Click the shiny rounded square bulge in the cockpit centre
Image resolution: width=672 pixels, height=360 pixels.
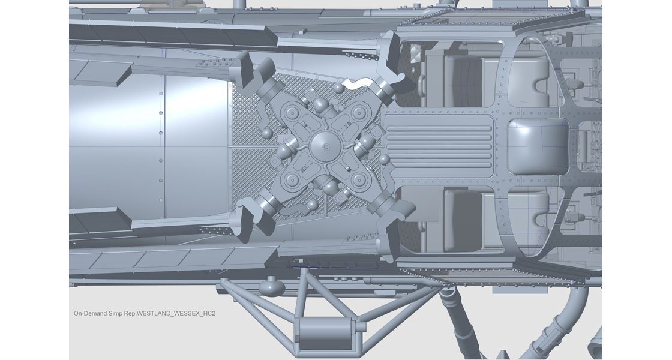click(538, 144)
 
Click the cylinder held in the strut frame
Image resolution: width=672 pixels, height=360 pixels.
click(324, 331)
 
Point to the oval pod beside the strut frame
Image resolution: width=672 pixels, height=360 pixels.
click(272, 286)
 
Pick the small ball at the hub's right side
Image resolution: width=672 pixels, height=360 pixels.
click(384, 160)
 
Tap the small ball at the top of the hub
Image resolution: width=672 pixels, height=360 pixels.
click(339, 88)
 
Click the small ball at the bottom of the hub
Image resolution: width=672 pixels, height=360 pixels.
click(311, 205)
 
